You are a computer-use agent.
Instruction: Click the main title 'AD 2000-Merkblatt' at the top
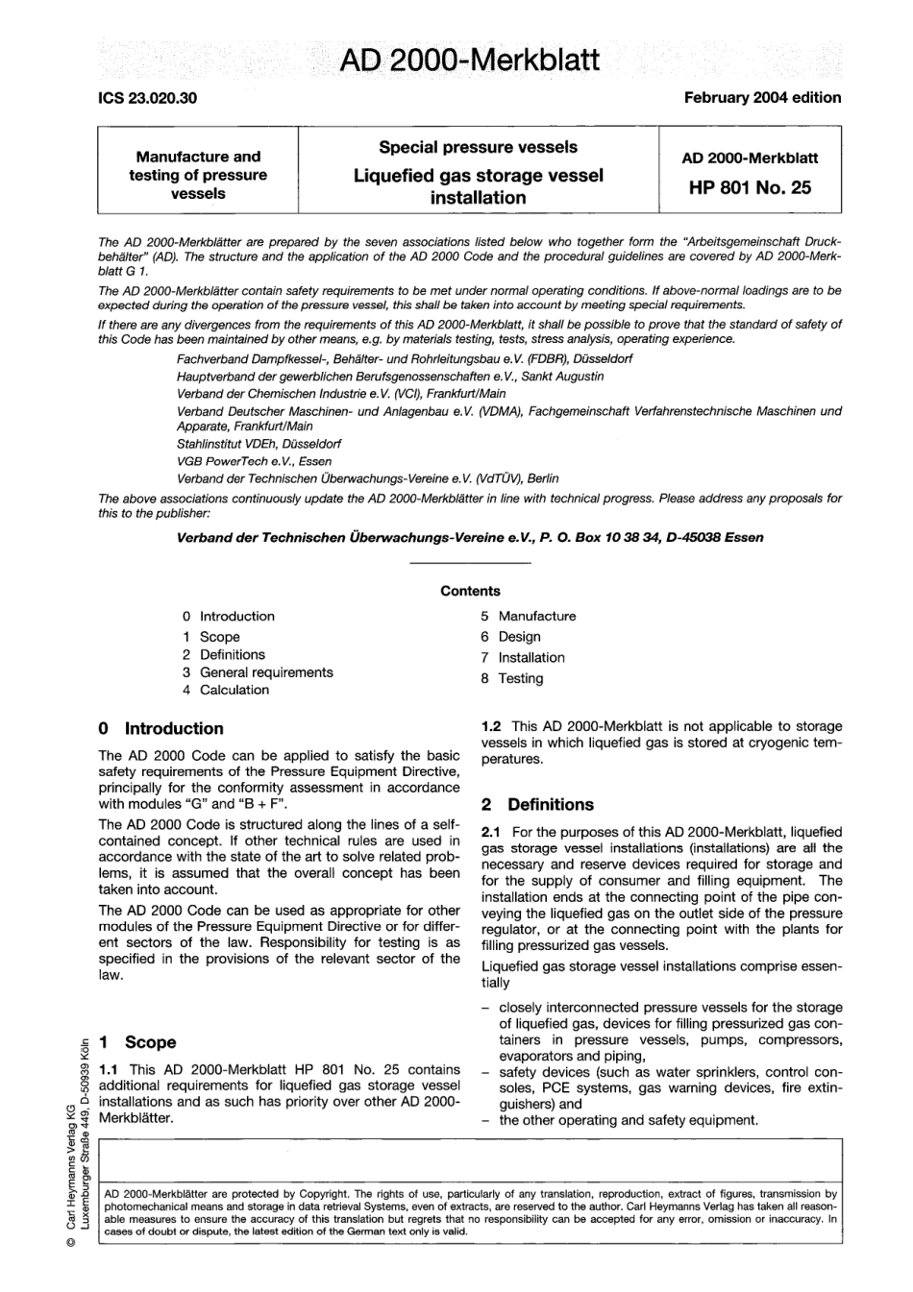(470, 60)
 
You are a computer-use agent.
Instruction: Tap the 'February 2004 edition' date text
(762, 97)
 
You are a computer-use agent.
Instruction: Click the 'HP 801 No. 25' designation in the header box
(750, 187)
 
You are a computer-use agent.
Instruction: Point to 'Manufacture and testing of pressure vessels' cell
(198, 175)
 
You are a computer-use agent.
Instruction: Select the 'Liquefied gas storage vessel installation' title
(478, 186)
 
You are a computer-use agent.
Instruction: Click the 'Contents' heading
(470, 591)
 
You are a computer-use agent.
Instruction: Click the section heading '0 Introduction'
(161, 728)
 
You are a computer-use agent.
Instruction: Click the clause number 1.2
(492, 726)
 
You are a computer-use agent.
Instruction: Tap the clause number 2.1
(492, 832)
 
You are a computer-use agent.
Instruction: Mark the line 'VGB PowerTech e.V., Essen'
(254, 461)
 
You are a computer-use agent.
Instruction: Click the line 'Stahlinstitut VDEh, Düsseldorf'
(259, 444)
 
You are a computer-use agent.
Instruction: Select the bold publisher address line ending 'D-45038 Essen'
(470, 538)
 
